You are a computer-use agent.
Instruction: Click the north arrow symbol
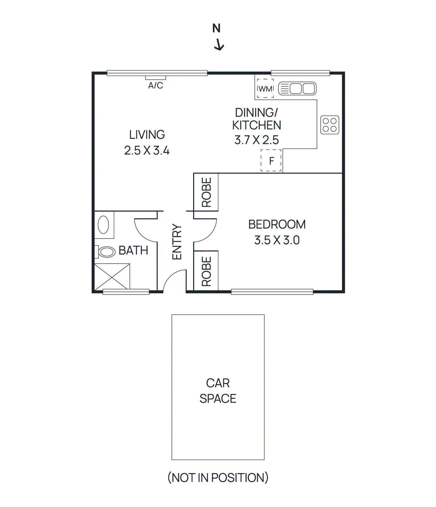[218, 45]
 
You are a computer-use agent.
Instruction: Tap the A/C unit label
[155, 86]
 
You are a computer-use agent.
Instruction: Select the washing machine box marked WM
[265, 89]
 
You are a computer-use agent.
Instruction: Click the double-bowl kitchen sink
[297, 89]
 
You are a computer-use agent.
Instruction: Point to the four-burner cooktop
[330, 125]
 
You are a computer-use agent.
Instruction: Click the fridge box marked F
[271, 161]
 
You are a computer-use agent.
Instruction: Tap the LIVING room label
[147, 135]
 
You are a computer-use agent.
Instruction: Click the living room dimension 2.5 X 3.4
[147, 151]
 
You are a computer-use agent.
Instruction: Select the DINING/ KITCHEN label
[256, 119]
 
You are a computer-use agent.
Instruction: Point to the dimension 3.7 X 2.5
[256, 140]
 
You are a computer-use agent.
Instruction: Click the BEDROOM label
[277, 224]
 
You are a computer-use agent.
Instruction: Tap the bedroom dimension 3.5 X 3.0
[277, 240]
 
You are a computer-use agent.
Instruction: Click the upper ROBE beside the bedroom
[206, 192]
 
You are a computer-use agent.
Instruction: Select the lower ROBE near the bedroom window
[206, 271]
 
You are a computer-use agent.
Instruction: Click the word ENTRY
[177, 242]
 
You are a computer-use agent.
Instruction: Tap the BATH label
[133, 251]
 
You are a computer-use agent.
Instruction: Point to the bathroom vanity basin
[104, 225]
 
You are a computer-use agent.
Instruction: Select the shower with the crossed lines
[112, 277]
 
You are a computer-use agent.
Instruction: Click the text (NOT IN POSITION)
[218, 478]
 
